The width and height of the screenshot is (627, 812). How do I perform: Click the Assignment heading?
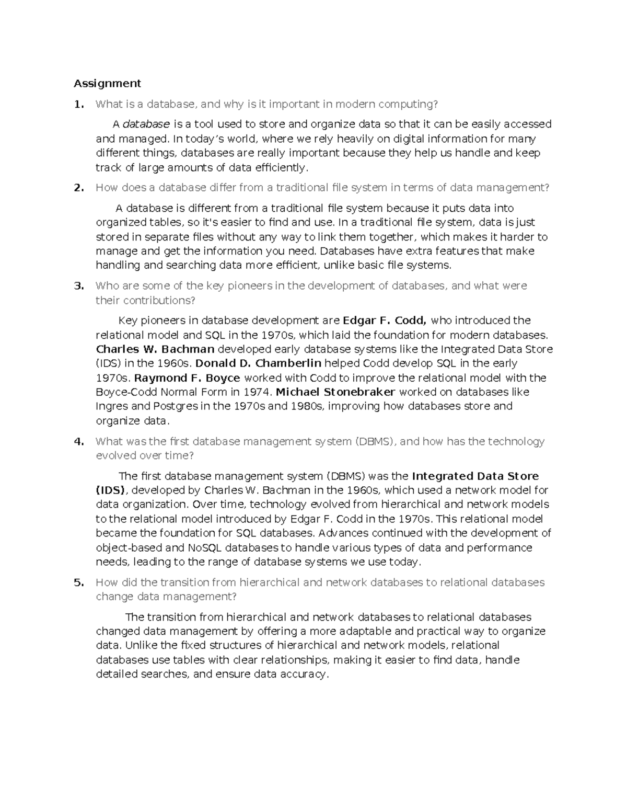pyautogui.click(x=107, y=83)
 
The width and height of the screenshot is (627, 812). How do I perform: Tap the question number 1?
pyautogui.click(x=78, y=104)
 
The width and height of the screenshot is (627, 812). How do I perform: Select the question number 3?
pyautogui.click(x=78, y=285)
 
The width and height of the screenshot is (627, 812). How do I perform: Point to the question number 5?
pyautogui.click(x=78, y=582)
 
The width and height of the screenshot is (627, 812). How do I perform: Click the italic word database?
pyautogui.click(x=146, y=124)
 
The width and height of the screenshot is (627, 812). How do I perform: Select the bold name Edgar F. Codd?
pyautogui.click(x=385, y=321)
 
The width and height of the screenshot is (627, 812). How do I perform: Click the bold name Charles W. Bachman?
pyautogui.click(x=155, y=349)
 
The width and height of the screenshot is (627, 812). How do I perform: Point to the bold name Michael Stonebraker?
pyautogui.click(x=335, y=392)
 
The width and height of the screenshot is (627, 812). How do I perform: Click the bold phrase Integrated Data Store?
pyautogui.click(x=475, y=476)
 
